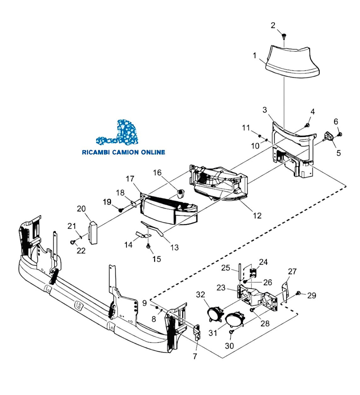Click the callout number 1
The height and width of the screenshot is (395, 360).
click(255, 56)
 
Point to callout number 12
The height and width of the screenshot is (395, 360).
click(257, 215)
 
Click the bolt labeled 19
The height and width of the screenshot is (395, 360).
click(120, 209)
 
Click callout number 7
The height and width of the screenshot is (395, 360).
click(195, 356)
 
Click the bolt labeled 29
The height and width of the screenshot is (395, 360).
click(298, 294)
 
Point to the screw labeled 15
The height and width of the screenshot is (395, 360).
click(148, 247)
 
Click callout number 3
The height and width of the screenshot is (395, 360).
click(265, 110)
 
